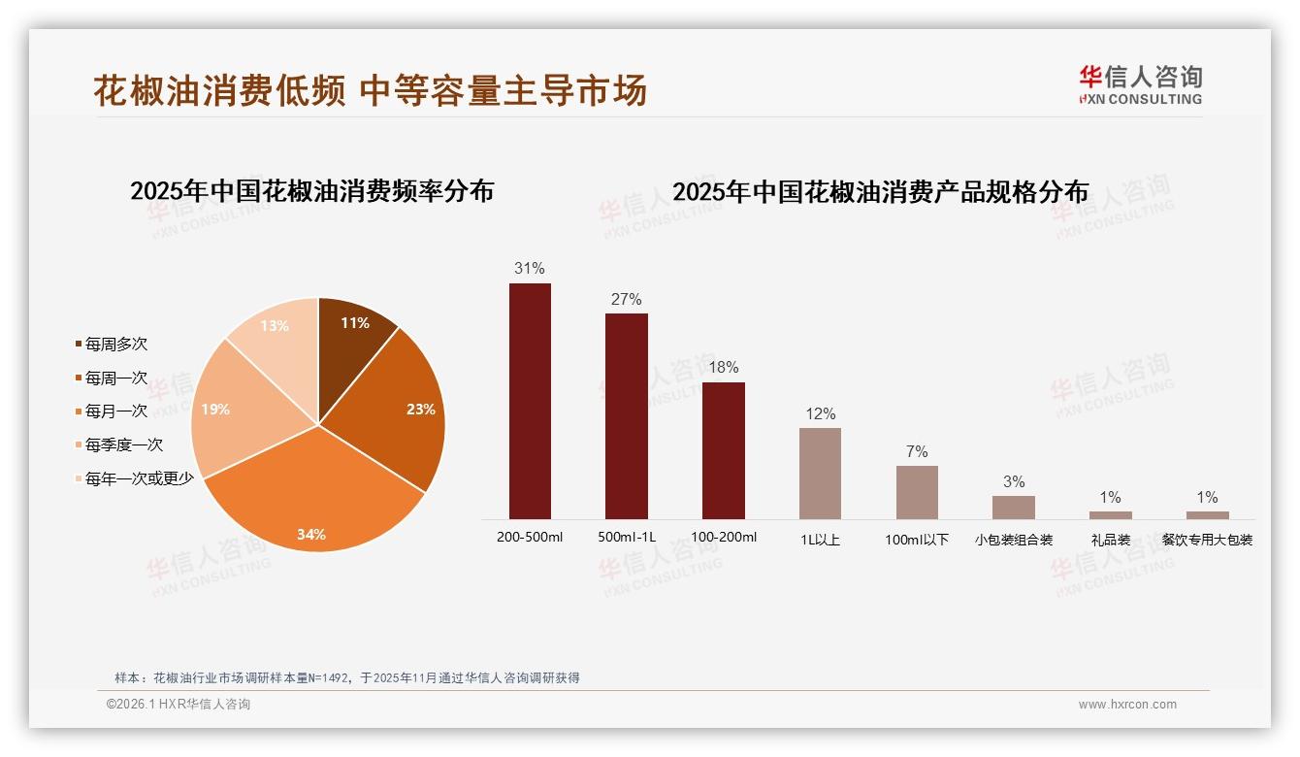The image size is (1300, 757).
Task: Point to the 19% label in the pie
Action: pos(215,410)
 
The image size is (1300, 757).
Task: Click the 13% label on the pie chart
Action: pos(275,326)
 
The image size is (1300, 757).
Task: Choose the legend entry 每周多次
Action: pos(115,345)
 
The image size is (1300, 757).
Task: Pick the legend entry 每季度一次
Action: pos(123,445)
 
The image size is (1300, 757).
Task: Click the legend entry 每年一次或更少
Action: pos(138,478)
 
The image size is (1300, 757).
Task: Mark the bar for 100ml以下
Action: pos(917,492)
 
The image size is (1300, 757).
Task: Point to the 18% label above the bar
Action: pos(723,367)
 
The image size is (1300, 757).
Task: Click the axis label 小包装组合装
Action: pos(1014,540)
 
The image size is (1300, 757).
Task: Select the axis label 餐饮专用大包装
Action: pos(1207,540)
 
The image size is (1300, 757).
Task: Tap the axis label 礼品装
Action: pos(1110,540)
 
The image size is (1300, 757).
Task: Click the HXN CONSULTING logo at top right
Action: pos(1140,85)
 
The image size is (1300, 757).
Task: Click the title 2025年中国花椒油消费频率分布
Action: pos(311,191)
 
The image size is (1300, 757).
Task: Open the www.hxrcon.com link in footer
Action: pos(1127,705)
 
